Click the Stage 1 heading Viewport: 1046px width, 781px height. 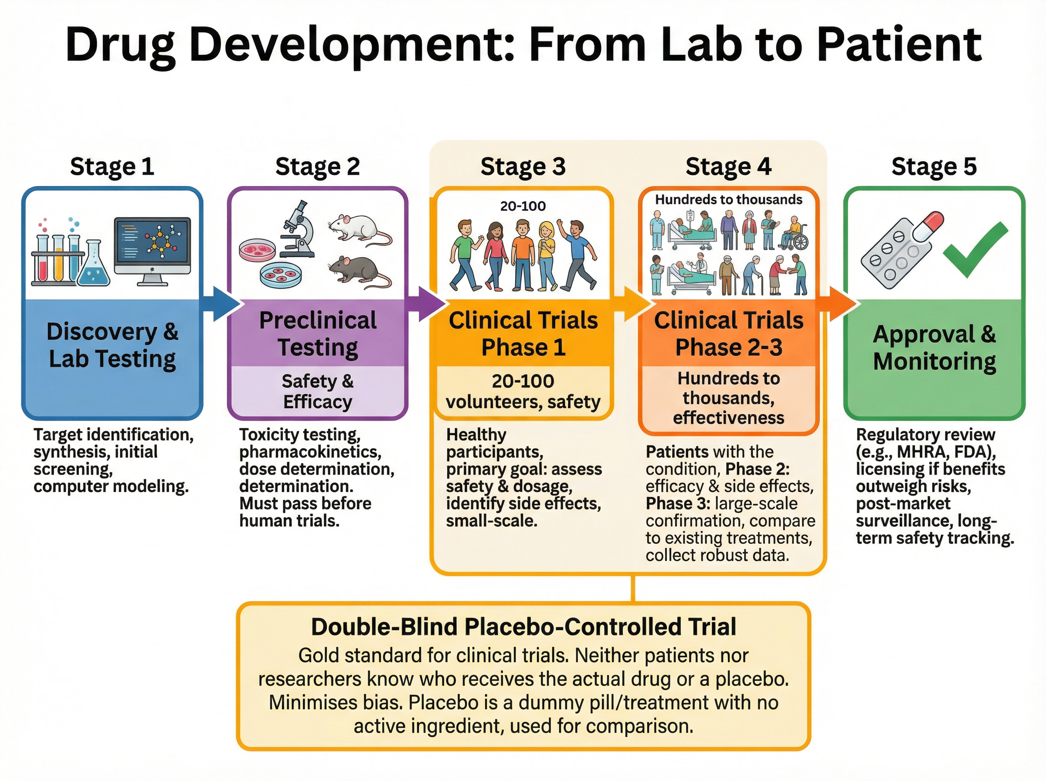pos(112,166)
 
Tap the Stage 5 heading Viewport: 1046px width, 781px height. pos(934,166)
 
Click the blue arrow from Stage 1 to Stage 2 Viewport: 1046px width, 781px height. pos(220,304)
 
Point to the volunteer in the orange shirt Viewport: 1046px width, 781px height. pos(523,255)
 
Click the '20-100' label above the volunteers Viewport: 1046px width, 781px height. pos(523,206)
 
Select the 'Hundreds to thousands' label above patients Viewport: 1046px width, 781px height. pos(728,200)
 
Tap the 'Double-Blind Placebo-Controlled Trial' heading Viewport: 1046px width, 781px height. pos(523,627)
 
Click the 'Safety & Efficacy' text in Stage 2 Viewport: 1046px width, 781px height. pos(318,391)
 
